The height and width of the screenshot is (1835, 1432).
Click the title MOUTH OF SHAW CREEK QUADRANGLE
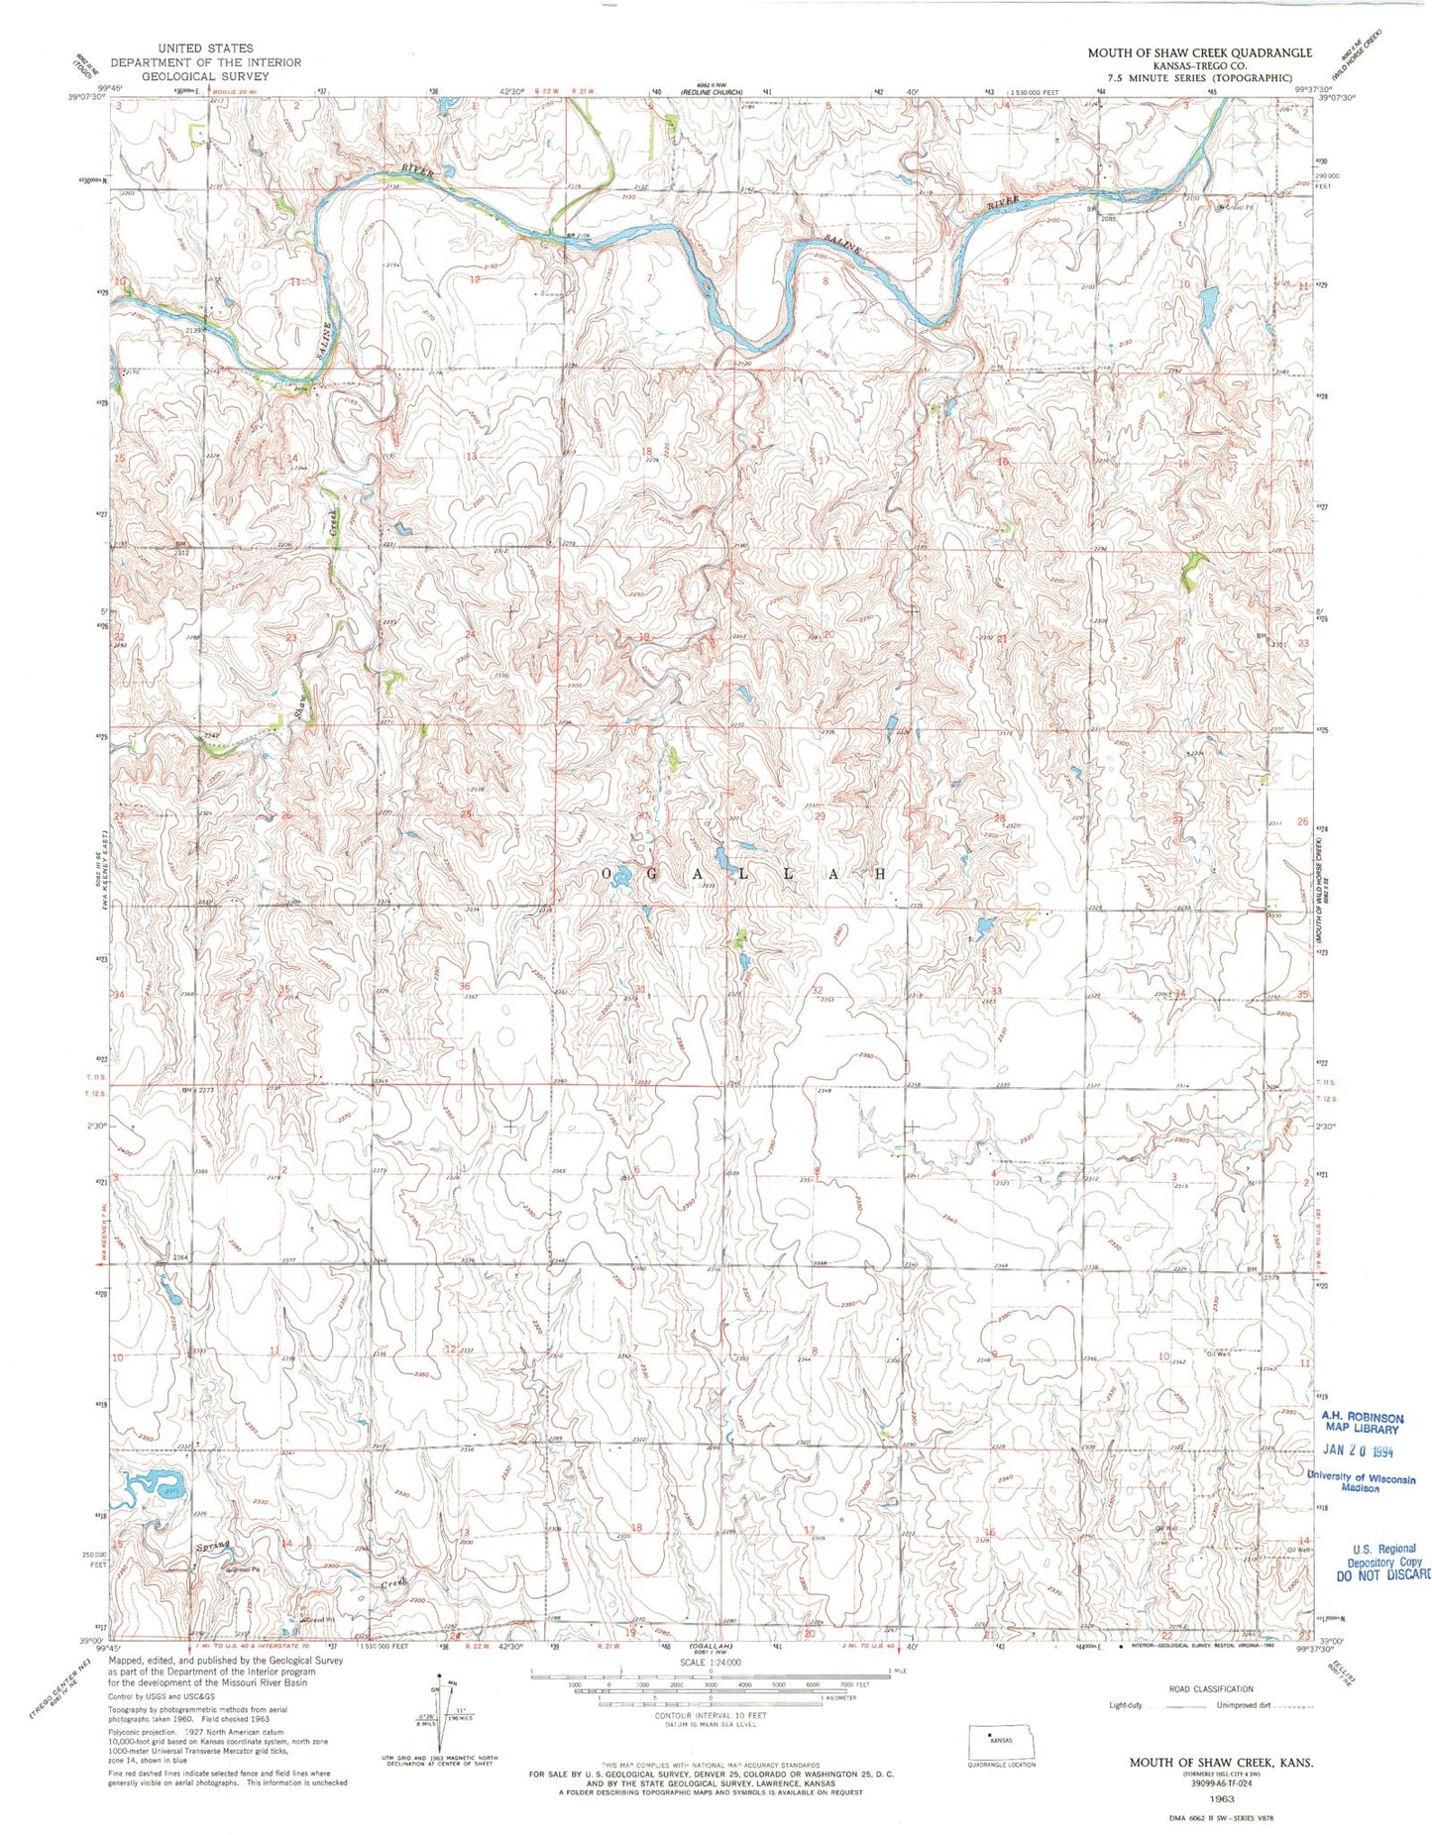pyautogui.click(x=1199, y=53)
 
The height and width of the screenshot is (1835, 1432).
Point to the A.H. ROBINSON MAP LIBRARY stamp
pyautogui.click(x=1362, y=1423)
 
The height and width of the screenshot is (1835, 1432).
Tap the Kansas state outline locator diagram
pyautogui.click(x=1002, y=1740)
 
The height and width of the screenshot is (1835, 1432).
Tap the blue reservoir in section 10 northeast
pyautogui.click(x=1207, y=308)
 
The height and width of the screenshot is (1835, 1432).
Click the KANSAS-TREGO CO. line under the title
pyautogui.click(x=1198, y=65)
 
